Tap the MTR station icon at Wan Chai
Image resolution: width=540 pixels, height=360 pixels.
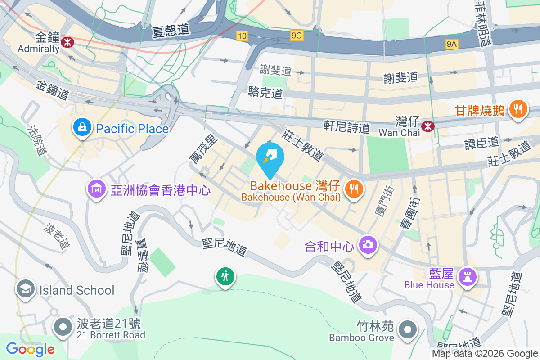(x=428, y=126)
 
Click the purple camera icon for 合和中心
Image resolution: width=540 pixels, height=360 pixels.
(x=368, y=245)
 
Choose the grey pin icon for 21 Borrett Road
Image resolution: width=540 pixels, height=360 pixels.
(x=63, y=327)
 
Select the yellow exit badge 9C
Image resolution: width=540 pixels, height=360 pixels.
(x=297, y=36)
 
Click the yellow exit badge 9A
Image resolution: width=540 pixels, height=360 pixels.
(x=451, y=44)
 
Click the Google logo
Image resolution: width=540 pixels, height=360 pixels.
(x=30, y=349)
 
